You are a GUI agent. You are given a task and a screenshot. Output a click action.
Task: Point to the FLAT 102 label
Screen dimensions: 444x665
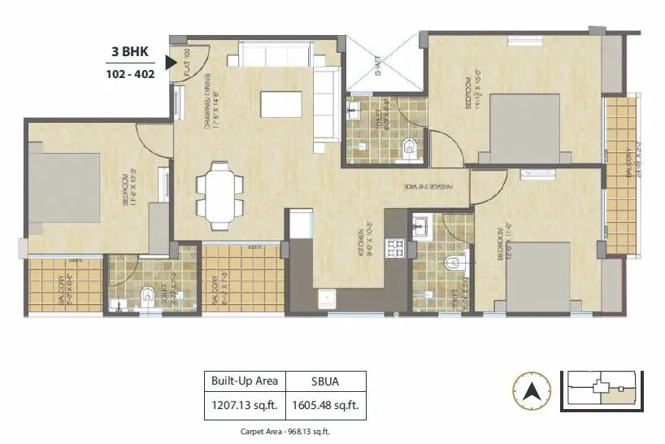(x=186, y=62)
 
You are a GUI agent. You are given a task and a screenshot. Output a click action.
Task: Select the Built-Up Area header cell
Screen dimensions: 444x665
(x=244, y=381)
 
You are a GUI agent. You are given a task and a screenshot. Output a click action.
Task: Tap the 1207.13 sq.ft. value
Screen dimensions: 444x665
(x=244, y=403)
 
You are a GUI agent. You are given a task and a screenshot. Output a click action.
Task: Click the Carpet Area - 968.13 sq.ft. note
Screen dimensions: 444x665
(x=285, y=432)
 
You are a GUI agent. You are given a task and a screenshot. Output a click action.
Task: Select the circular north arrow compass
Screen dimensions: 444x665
(x=532, y=390)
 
